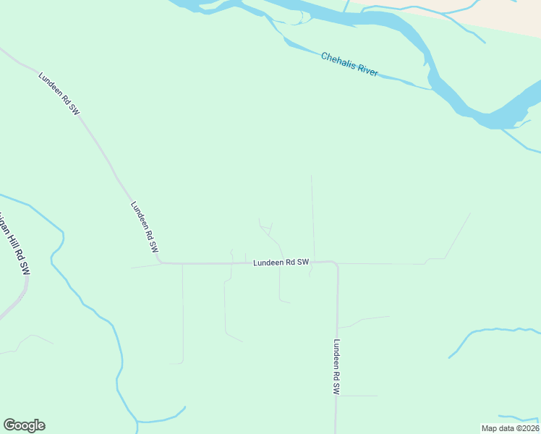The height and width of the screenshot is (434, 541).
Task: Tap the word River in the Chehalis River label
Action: pos(368,71)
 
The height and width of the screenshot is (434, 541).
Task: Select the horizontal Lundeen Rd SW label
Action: pos(281,263)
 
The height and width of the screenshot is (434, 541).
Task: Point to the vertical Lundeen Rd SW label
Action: pos(336,367)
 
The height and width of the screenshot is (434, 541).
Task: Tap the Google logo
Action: pos(24,425)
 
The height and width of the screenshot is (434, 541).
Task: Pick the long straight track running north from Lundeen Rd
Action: pos(312,217)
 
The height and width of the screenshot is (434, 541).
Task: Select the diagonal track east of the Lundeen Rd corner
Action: pos(458,235)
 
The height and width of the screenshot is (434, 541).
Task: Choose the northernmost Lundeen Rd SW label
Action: pos(59,93)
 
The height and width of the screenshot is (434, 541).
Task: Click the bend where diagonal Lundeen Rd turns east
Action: pos(160,262)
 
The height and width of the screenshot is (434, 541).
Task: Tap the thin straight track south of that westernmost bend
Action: pos(182,311)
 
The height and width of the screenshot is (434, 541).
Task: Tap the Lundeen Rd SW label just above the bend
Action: pos(144,225)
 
